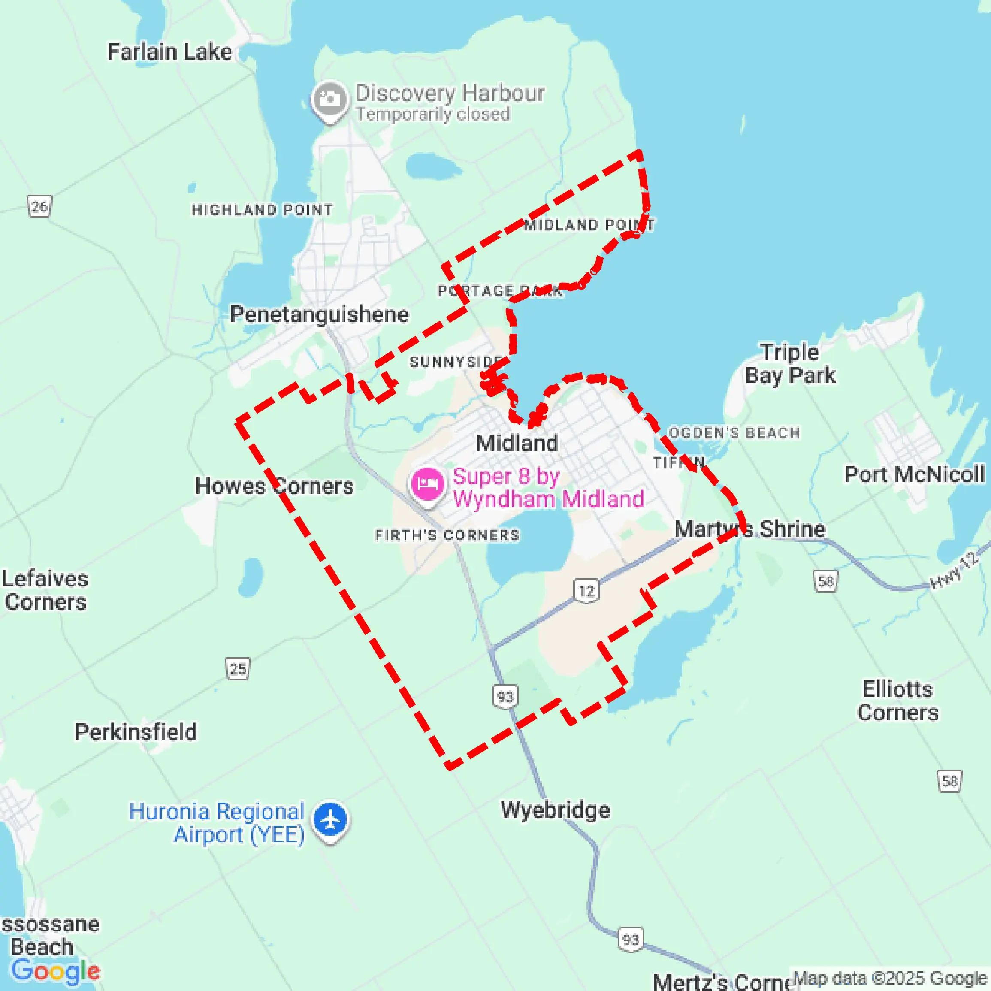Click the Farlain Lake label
pos(169,52)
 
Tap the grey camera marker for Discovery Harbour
pos(329,99)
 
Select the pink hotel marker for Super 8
pos(427,484)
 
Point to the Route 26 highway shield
pos(39,207)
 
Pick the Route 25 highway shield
pos(238,669)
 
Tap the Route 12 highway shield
pos(586,591)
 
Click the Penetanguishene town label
pos(319,314)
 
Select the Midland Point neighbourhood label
pos(589,225)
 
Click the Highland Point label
pos(262,209)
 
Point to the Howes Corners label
pos(275,486)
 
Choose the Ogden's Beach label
pos(734,432)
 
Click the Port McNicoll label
pos(914,474)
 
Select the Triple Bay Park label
pos(790,364)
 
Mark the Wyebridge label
pos(556,810)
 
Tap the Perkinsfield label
pos(136,732)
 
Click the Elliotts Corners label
pos(897,701)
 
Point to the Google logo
pos(55,970)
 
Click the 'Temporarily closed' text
pos(433,114)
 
